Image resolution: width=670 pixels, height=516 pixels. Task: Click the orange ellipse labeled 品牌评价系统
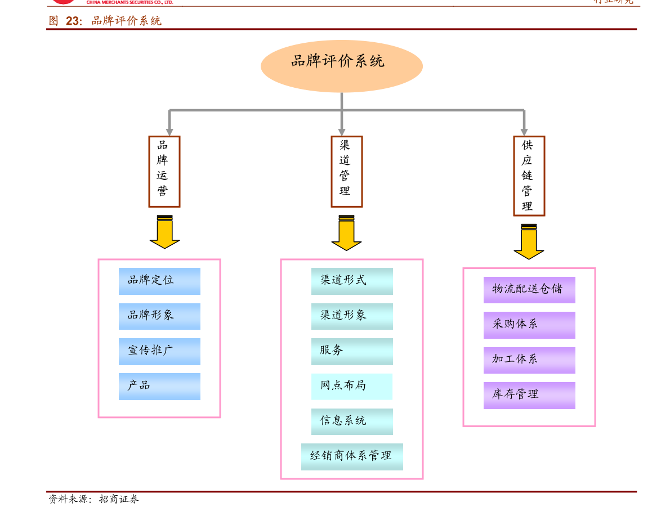click(x=341, y=66)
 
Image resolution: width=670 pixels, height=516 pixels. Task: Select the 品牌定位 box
click(x=159, y=281)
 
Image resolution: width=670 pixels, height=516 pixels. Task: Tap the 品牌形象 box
click(x=159, y=316)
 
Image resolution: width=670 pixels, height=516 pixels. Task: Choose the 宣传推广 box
click(x=159, y=351)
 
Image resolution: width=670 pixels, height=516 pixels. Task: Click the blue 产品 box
click(x=159, y=386)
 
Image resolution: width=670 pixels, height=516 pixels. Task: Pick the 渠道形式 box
click(x=352, y=281)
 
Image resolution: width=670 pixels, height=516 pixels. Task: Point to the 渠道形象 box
click(x=352, y=316)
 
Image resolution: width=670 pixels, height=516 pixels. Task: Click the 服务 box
click(x=352, y=351)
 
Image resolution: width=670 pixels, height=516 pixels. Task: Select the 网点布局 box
click(x=352, y=386)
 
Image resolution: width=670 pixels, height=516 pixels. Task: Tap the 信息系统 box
click(x=352, y=421)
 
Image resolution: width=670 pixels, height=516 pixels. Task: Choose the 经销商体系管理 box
click(x=352, y=456)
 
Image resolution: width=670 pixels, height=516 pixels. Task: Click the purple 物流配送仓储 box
click(x=529, y=290)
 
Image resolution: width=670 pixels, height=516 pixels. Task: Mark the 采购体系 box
click(x=529, y=325)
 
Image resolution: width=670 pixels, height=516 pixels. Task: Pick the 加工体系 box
click(x=529, y=360)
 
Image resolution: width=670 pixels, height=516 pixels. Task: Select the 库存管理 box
click(x=529, y=395)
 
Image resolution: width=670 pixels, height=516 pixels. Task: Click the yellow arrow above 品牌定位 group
click(x=164, y=233)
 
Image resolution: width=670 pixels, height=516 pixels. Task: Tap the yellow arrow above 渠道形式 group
click(x=346, y=234)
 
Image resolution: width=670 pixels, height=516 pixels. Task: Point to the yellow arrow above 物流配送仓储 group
click(x=529, y=243)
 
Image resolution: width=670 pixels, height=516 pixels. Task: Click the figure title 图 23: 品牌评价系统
click(x=105, y=21)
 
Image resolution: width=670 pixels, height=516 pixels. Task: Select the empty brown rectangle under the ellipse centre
click(x=346, y=172)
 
